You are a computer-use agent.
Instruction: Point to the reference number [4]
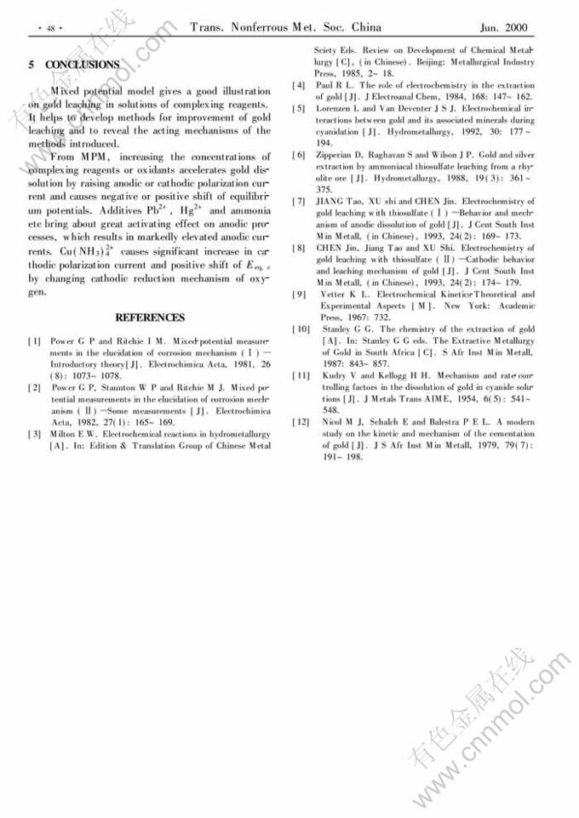point(298,85)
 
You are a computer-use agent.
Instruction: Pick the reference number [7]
point(298,201)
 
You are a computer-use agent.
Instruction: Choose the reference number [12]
point(301,421)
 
